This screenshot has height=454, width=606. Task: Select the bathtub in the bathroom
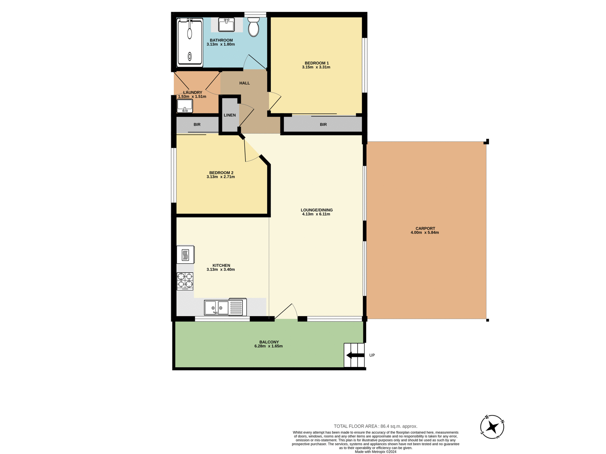190,42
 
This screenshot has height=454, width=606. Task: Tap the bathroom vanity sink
226,25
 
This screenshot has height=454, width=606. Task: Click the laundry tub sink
185,106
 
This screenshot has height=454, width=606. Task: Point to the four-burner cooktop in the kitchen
185,281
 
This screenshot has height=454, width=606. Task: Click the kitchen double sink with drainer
225,307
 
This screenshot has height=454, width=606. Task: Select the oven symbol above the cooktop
185,254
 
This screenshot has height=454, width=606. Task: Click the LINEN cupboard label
230,115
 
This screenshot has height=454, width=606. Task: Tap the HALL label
245,83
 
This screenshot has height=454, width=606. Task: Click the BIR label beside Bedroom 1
323,125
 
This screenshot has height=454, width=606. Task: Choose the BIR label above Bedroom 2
197,125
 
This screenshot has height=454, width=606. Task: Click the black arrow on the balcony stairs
355,355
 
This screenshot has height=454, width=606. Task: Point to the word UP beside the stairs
372,355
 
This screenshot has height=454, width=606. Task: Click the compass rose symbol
492,427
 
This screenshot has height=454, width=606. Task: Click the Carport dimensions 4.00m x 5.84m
425,233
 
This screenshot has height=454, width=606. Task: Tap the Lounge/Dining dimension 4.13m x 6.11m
316,214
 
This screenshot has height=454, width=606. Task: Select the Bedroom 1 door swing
275,101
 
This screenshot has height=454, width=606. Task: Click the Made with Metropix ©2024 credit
375,452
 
